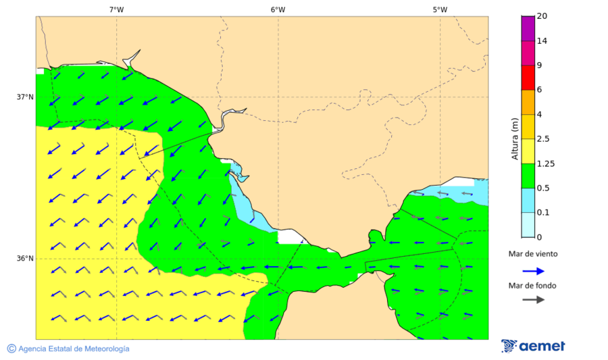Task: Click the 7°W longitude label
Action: coord(116,9)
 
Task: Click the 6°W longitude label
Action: coord(278,9)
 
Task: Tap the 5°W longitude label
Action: coord(440,9)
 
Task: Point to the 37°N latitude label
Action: coord(25,97)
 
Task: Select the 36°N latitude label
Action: coord(25,258)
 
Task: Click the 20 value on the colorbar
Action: coord(542,16)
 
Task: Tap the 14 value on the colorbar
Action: coord(542,41)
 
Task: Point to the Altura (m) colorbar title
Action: coord(515,139)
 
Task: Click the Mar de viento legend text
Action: coord(533,254)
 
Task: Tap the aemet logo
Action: coord(533,346)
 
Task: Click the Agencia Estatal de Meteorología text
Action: coord(74,349)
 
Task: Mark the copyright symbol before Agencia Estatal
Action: coord(11,349)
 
